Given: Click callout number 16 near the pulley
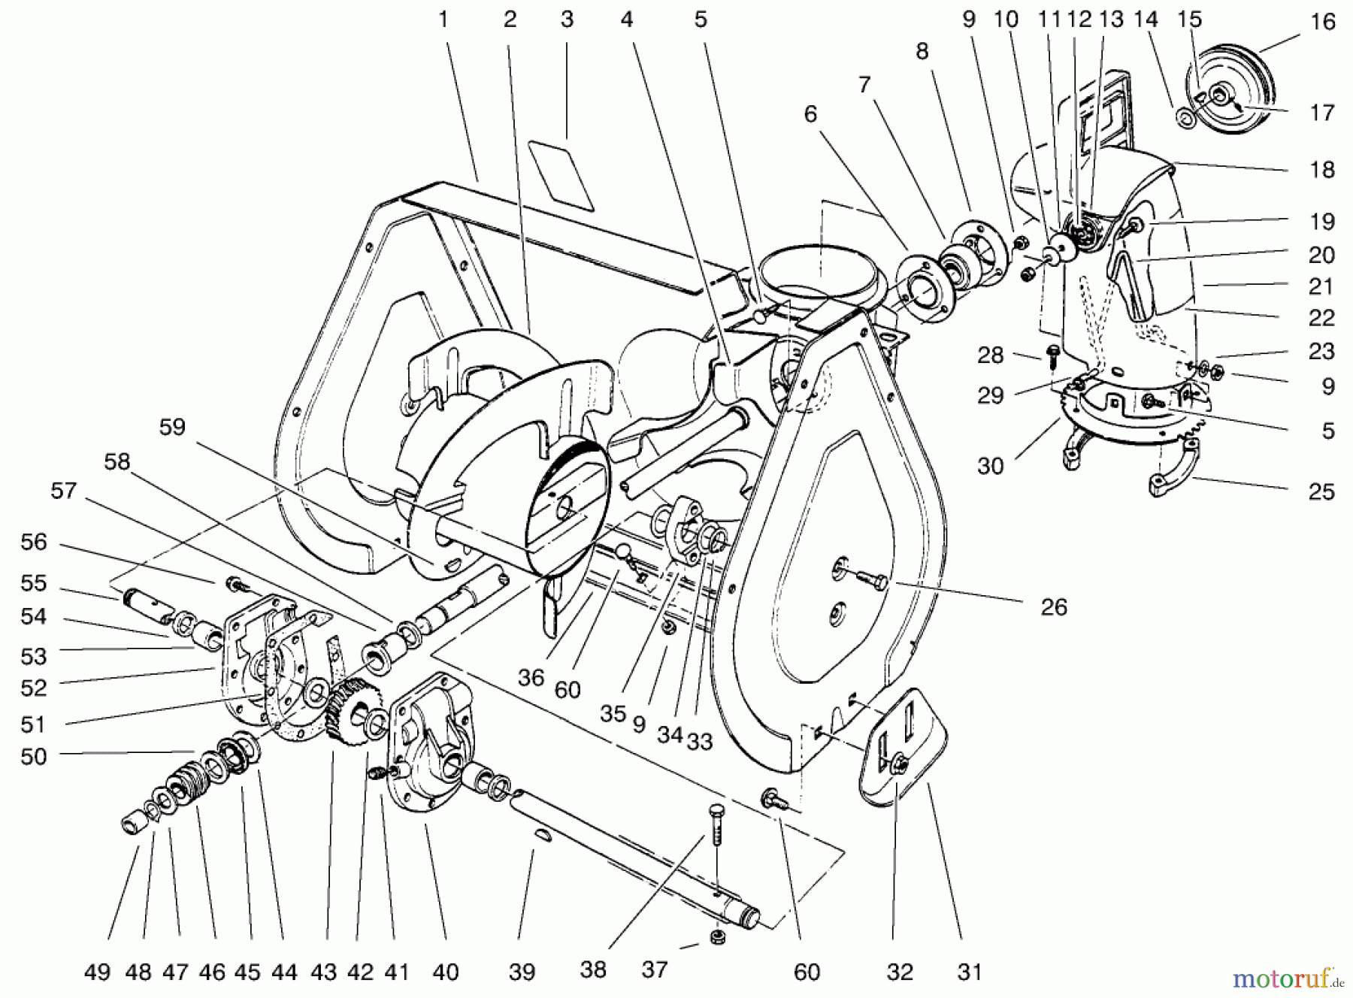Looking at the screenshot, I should pos(1322,22).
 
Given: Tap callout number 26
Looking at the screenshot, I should pos(1054,607).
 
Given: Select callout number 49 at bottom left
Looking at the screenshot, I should pos(98,972).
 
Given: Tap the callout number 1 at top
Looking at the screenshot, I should pos(443,20).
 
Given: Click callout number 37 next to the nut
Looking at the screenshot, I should pos(655,969).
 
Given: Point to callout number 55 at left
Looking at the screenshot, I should pos(34,583).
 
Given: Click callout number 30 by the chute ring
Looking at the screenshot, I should pos(990,466).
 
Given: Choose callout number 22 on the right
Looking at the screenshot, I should pos(1321,318).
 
